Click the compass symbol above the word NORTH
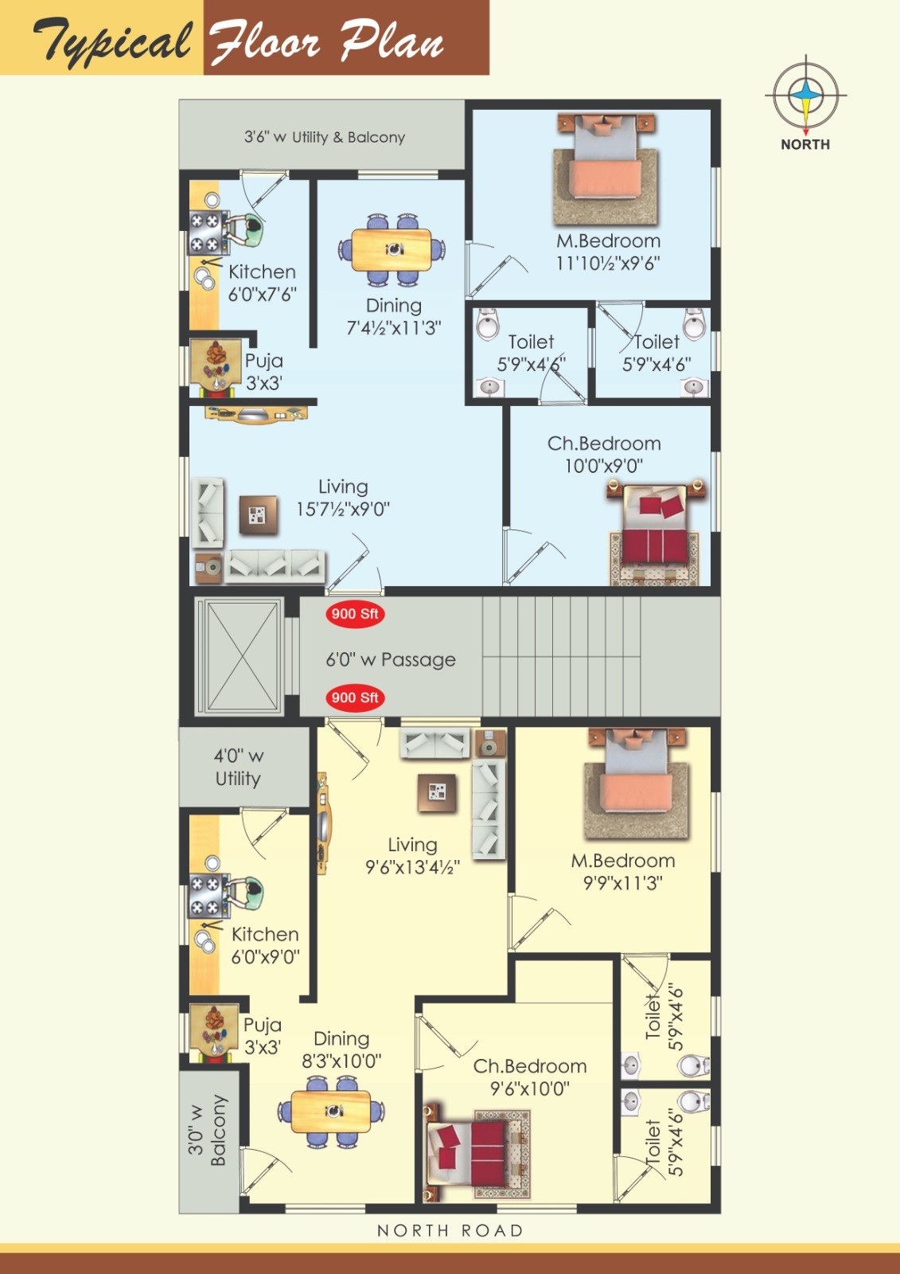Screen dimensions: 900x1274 point(805,95)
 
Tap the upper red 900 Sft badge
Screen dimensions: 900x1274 point(356,614)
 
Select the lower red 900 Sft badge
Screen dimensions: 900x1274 point(356,698)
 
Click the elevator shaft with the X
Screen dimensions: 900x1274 point(240,656)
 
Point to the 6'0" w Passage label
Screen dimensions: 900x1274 point(391,660)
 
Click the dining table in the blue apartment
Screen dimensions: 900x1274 point(392,250)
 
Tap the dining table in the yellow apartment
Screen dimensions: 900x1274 point(331,1111)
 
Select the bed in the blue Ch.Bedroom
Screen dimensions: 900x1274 point(656,531)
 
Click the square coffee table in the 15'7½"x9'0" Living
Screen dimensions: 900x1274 point(258,514)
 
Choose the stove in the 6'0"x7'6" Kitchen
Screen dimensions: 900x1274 point(206,232)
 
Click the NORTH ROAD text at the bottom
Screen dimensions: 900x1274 point(450,1231)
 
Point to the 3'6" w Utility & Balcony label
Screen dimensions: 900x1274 point(325,137)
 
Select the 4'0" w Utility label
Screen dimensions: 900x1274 point(238,768)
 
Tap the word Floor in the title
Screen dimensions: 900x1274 point(266,41)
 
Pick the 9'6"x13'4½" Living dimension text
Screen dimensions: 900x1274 point(412,867)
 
